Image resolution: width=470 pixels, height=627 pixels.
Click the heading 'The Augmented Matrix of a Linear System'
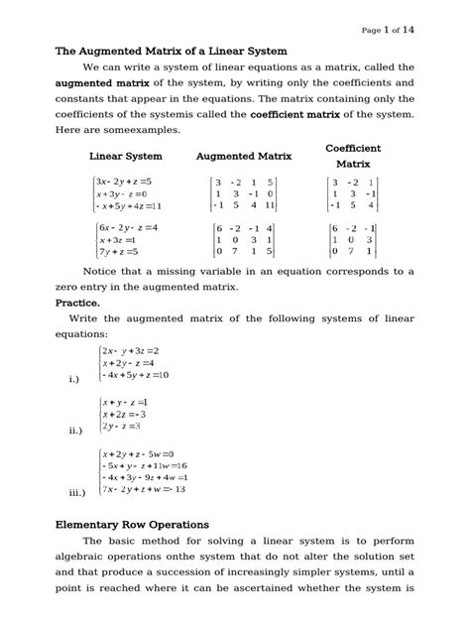pos(170,50)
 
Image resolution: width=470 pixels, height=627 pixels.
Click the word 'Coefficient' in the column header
pos(353,148)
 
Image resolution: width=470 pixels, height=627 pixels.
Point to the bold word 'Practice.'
pos(77,302)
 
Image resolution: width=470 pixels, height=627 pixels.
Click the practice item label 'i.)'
pos(75,379)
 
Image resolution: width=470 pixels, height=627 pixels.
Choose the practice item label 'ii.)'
pos(75,432)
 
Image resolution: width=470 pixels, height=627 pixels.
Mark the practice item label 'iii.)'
pos(77,493)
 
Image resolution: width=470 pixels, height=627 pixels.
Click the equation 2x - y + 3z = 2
pos(131,351)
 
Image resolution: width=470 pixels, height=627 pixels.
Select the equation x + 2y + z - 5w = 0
pos(138,453)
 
